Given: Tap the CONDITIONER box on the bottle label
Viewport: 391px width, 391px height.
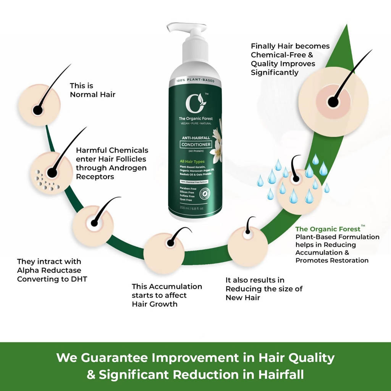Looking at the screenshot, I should click(x=196, y=144).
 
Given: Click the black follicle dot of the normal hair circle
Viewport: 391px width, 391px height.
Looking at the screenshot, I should click(x=37, y=110).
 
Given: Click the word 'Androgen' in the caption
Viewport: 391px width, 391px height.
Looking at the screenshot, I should click(x=128, y=168).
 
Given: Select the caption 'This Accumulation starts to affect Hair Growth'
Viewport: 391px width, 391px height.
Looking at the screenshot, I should click(x=167, y=295).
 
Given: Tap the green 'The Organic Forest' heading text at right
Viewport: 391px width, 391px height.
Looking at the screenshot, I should click(x=328, y=229).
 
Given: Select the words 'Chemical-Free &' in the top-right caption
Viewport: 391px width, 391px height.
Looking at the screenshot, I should click(x=282, y=55).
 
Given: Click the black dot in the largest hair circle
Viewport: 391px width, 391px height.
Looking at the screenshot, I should click(x=333, y=102).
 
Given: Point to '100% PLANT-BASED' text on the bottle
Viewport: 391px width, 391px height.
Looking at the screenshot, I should click(x=195, y=81).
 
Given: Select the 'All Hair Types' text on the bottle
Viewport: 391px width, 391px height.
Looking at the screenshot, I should click(x=192, y=162).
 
